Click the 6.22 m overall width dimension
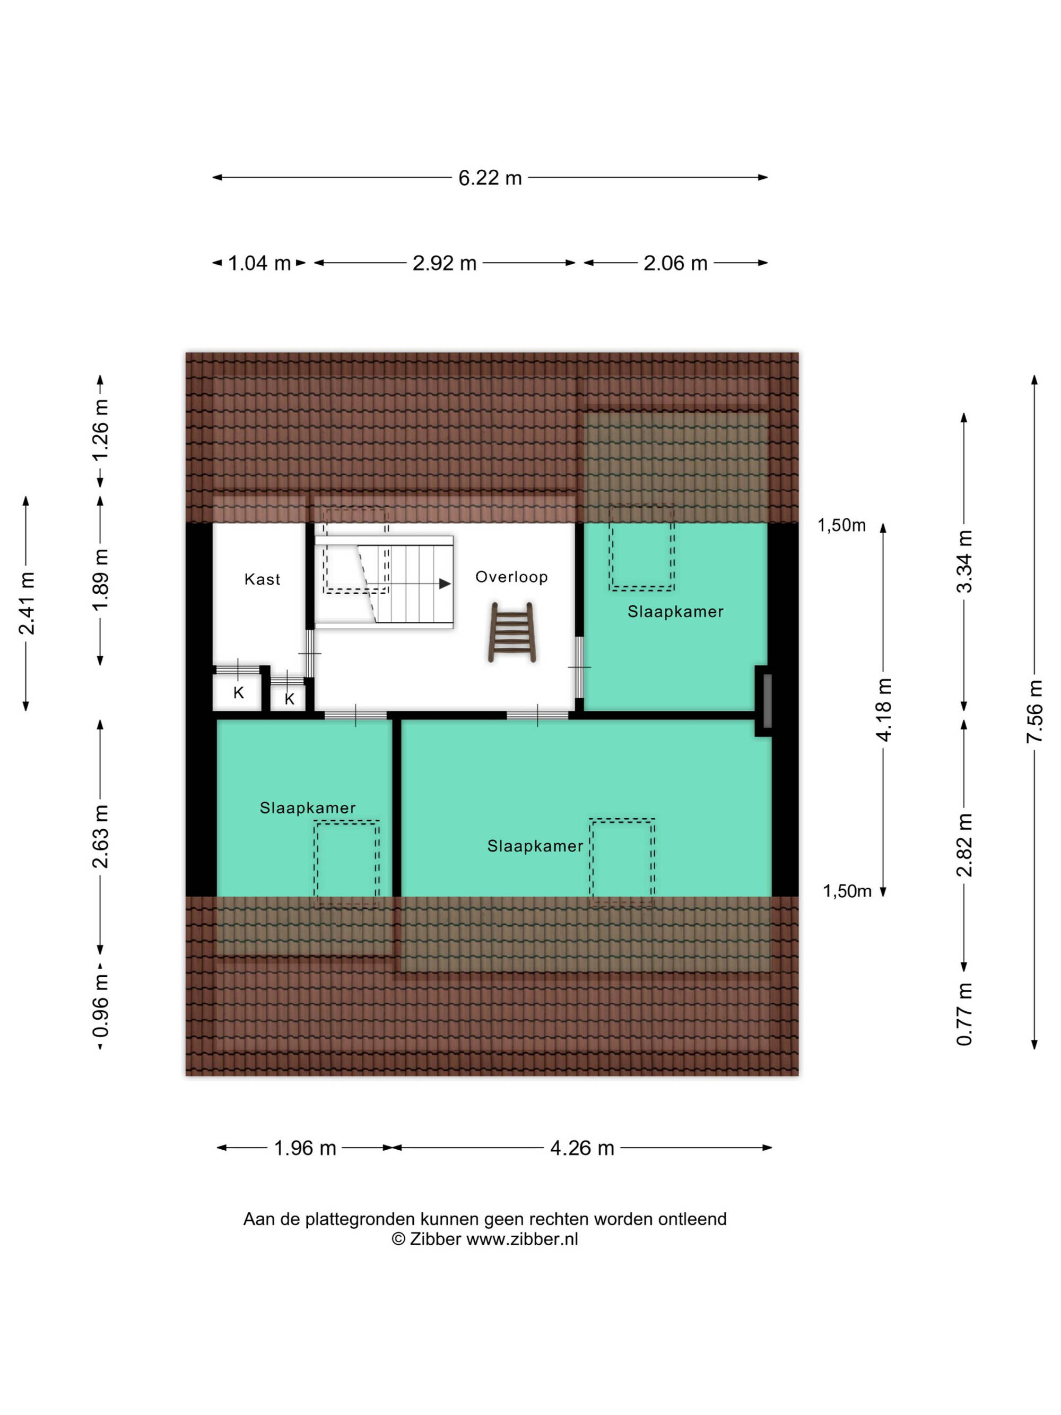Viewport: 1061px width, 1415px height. point(490,177)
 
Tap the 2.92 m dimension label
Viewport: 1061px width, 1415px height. point(445,263)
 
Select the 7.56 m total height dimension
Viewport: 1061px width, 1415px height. point(1034,712)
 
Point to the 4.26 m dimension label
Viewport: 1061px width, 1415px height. point(582,1148)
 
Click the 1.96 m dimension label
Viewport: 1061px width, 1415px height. point(305,1148)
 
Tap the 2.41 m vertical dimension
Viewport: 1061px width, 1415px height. point(26,603)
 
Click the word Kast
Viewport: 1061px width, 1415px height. point(262,579)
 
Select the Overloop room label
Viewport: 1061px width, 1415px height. point(511,577)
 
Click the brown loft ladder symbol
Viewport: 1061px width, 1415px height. point(511,631)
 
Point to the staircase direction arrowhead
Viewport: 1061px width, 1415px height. point(445,584)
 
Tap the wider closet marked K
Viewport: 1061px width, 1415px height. point(238,692)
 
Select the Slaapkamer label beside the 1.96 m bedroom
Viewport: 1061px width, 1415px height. point(308,808)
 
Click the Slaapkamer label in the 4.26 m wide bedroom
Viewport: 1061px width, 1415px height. point(535,846)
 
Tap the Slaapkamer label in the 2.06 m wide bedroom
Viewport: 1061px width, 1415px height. point(675,612)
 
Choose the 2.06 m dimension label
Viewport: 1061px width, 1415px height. point(675,263)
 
